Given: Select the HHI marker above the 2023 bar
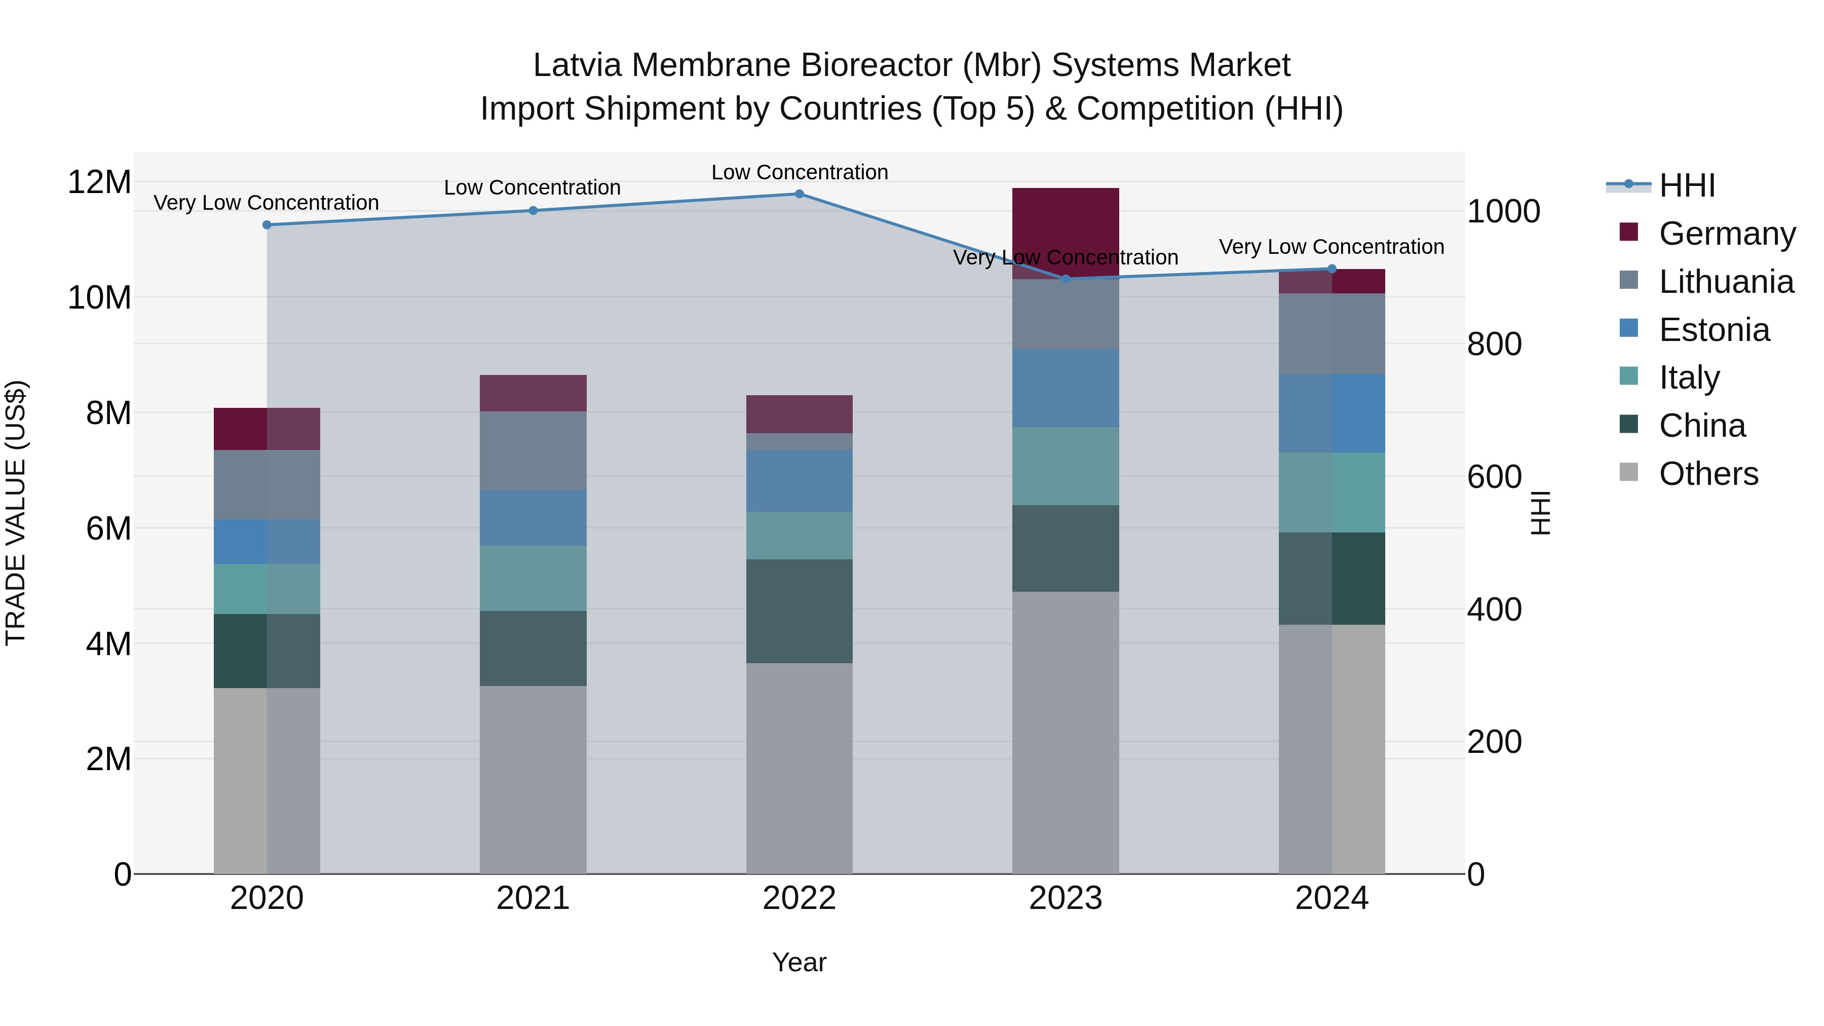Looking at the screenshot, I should pyautogui.click(x=1066, y=279).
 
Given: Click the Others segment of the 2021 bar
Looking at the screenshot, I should pyautogui.click(x=533, y=779).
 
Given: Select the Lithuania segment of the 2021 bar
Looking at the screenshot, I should pyautogui.click(x=533, y=451).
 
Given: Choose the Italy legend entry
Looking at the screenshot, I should pyautogui.click(x=1689, y=377).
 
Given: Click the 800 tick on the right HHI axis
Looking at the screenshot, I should pyautogui.click(x=1494, y=344).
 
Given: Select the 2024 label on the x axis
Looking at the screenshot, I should pyautogui.click(x=1331, y=898).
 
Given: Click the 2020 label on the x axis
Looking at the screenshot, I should pyautogui.click(x=267, y=898).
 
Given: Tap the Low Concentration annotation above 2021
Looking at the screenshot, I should pyautogui.click(x=532, y=187).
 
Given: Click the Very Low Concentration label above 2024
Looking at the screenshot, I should pyautogui.click(x=1331, y=247).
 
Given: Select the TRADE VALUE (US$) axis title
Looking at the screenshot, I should pyautogui.click(x=16, y=513).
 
